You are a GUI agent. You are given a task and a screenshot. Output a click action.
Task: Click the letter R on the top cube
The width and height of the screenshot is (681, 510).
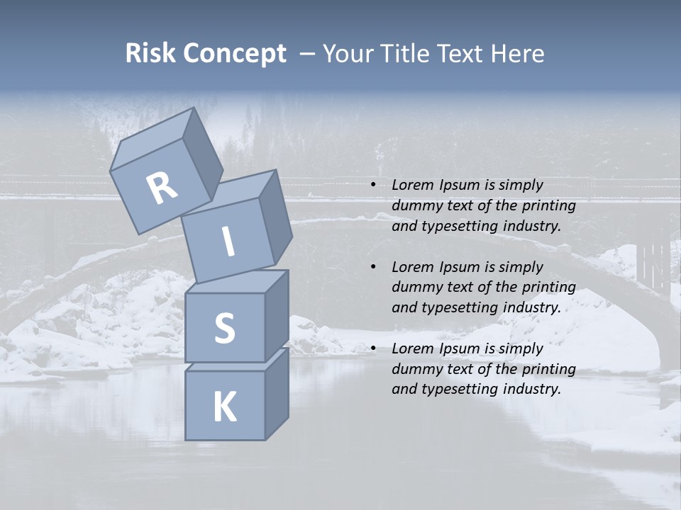(x=162, y=188)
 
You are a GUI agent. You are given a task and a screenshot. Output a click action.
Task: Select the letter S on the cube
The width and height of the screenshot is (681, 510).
(x=224, y=328)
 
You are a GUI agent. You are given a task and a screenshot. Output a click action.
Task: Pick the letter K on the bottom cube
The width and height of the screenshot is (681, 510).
(x=224, y=407)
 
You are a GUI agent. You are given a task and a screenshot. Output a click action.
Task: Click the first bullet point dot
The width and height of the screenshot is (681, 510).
(x=373, y=186)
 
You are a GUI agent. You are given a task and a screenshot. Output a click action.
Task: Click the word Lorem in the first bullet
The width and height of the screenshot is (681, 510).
(x=411, y=185)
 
